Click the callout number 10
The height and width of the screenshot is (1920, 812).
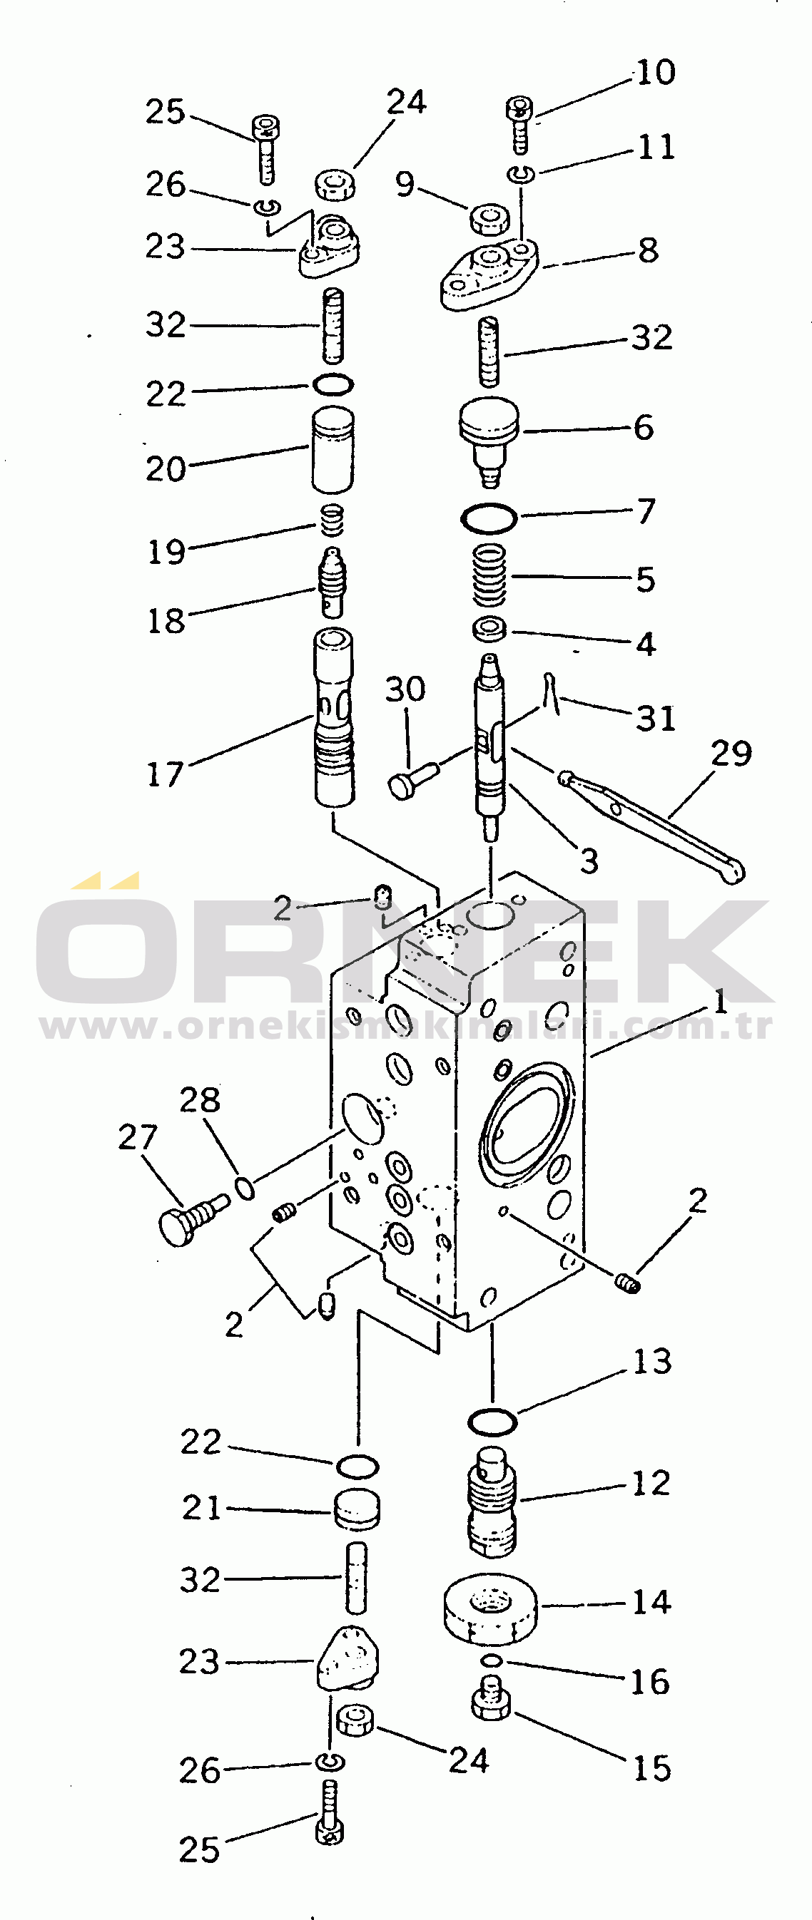tap(656, 73)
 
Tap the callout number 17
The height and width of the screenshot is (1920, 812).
tap(165, 774)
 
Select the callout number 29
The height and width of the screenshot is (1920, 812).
tap(731, 754)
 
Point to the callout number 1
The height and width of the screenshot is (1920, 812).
tap(719, 1002)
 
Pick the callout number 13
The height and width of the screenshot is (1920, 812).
tap(651, 1362)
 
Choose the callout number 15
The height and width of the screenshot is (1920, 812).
tap(651, 1768)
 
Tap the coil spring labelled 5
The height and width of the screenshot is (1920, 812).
tap(490, 575)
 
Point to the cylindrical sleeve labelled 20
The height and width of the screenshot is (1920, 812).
tap(333, 448)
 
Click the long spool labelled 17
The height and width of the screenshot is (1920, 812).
tap(334, 717)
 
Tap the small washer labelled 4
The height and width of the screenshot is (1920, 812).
tap(489, 628)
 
